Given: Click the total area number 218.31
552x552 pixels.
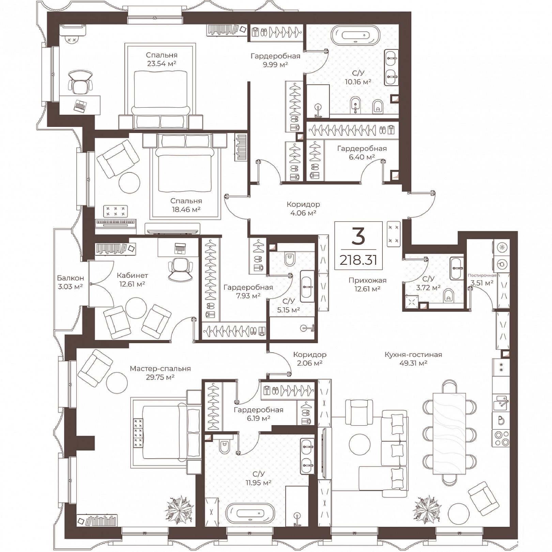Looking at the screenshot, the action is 358,260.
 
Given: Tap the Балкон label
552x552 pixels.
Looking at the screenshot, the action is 70,278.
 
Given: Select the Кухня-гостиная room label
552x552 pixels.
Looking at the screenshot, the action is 413,355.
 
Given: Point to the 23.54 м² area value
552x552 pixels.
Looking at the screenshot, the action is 162,63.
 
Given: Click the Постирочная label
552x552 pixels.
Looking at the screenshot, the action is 482,275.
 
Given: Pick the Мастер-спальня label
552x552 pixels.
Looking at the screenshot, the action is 160,369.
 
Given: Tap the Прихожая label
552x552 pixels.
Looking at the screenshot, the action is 367,280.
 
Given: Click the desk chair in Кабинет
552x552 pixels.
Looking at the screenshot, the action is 180,267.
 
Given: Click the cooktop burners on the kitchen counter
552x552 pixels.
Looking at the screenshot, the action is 501,438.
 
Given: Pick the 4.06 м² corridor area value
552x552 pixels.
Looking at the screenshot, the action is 303,213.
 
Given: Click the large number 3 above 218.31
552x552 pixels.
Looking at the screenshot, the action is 358,236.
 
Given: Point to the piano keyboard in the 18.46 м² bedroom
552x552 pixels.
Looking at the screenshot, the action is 116,222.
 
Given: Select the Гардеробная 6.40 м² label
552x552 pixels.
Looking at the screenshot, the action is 362,153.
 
